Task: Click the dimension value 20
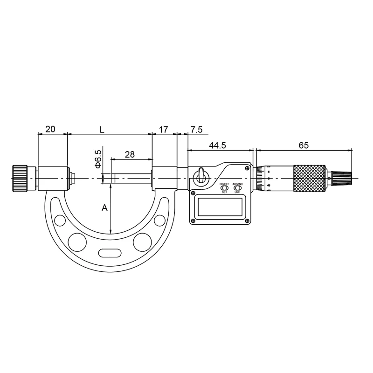click(x=50, y=129)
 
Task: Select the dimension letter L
click(x=101, y=129)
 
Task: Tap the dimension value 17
click(x=164, y=129)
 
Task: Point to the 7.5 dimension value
click(x=196, y=129)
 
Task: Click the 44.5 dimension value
click(x=217, y=145)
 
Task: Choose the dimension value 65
click(x=304, y=145)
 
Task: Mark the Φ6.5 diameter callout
click(x=98, y=159)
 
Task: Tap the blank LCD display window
click(x=221, y=207)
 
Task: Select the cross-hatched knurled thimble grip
click(x=309, y=178)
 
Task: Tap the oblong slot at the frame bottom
click(x=109, y=254)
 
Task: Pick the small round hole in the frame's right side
click(x=159, y=220)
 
